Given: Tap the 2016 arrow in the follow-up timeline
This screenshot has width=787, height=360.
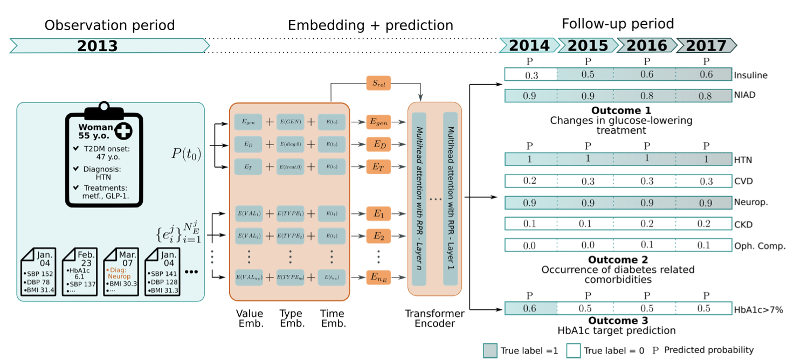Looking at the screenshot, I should tap(646, 46).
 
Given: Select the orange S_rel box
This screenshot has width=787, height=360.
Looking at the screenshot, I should tap(378, 84).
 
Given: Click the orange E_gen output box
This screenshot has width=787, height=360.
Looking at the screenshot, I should tap(378, 122).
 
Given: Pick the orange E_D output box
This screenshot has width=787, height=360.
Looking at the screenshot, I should tap(378, 144).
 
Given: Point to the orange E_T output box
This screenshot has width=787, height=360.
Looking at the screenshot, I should tap(378, 167).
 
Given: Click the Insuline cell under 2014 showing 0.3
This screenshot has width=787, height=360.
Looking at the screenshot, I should tap(531, 75).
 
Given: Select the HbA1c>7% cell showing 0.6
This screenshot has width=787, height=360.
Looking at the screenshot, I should tap(531, 309).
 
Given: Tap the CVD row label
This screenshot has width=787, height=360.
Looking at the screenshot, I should tap(743, 181).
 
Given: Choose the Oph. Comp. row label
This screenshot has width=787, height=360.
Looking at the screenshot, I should tap(758, 246).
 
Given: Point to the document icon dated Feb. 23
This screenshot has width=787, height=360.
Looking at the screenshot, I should tap(81, 272).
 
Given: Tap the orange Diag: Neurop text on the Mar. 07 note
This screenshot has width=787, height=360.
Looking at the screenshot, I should tap(119, 273).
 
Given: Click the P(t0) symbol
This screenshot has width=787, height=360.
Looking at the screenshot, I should tap(186, 155).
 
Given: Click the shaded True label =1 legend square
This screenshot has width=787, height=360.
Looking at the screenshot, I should tap(490, 350).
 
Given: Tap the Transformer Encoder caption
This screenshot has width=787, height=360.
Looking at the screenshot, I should tap(435, 319).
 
